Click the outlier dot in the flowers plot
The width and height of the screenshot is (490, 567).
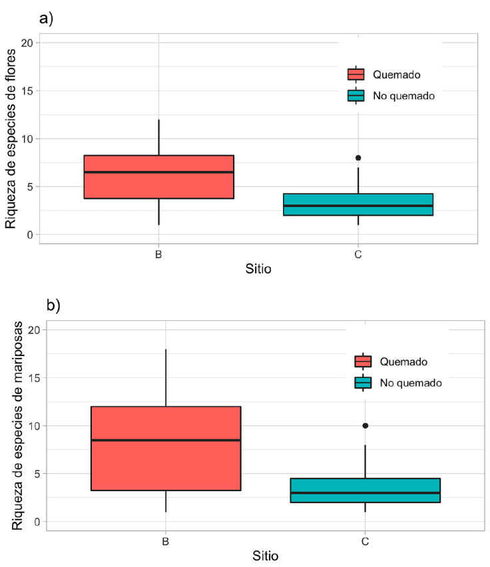click(x=358, y=158)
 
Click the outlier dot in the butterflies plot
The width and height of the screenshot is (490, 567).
click(x=365, y=425)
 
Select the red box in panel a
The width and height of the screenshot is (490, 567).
click(x=158, y=176)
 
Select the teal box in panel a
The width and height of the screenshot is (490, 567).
click(x=358, y=204)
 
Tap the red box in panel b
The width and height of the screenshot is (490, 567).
click(x=165, y=448)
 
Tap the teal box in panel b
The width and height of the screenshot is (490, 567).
click(x=365, y=490)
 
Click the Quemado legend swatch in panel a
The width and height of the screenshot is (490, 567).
click(x=356, y=75)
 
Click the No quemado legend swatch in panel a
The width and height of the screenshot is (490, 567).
click(x=356, y=96)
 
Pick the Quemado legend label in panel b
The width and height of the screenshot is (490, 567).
click(x=403, y=361)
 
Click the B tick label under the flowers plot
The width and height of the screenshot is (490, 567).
click(x=158, y=254)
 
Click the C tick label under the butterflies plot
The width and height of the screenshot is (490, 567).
click(x=365, y=541)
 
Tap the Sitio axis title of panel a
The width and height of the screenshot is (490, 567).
click(x=258, y=270)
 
